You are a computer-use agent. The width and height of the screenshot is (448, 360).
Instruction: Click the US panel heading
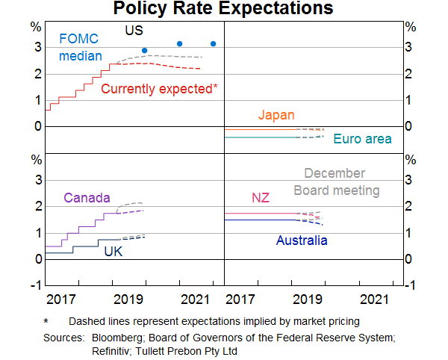click(x=134, y=31)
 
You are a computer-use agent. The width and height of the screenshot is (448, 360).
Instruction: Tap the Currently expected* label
click(x=159, y=89)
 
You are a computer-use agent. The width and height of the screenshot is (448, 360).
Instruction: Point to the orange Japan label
click(x=276, y=115)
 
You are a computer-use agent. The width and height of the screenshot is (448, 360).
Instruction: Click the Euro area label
click(x=362, y=139)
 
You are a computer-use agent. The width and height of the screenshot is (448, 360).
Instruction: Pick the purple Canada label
click(x=87, y=198)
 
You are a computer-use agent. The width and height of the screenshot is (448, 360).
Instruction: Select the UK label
click(x=113, y=251)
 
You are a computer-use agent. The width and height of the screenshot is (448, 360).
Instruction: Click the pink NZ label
click(x=260, y=198)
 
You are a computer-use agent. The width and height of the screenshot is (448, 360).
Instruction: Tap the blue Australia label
click(x=302, y=240)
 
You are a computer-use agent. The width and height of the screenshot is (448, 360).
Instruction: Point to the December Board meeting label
click(x=336, y=182)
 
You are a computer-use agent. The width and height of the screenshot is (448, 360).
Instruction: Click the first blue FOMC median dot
click(x=144, y=51)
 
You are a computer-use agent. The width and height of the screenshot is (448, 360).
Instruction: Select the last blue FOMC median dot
click(x=214, y=44)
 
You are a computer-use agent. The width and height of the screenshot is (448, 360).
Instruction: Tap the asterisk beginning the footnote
click(x=46, y=321)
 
